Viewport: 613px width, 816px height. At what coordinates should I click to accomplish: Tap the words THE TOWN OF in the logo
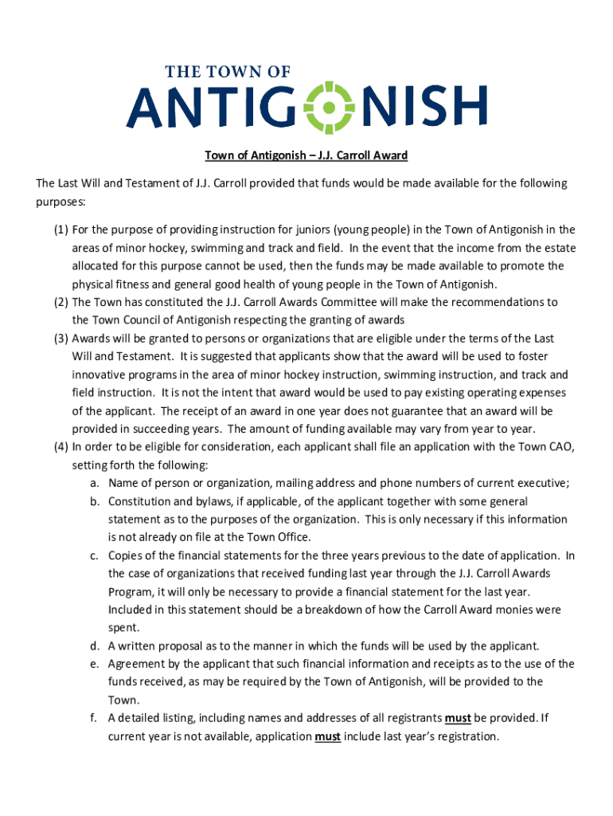pyautogui.click(x=228, y=73)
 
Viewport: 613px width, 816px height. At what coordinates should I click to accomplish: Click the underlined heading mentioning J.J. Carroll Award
pyautogui.click(x=306, y=155)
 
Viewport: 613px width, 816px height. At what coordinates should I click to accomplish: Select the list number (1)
pyautogui.click(x=61, y=229)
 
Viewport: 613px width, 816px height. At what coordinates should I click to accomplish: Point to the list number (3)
pyautogui.click(x=61, y=338)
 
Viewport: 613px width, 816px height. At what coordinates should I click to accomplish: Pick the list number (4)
pyautogui.click(x=61, y=446)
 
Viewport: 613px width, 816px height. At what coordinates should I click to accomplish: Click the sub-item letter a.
pyautogui.click(x=94, y=483)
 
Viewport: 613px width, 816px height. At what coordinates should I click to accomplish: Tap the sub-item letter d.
pyautogui.click(x=94, y=645)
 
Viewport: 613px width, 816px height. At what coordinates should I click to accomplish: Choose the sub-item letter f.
pyautogui.click(x=93, y=718)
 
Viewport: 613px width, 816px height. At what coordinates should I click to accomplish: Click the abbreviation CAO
pyautogui.click(x=559, y=446)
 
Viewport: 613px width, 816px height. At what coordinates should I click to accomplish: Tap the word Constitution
pyautogui.click(x=140, y=501)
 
